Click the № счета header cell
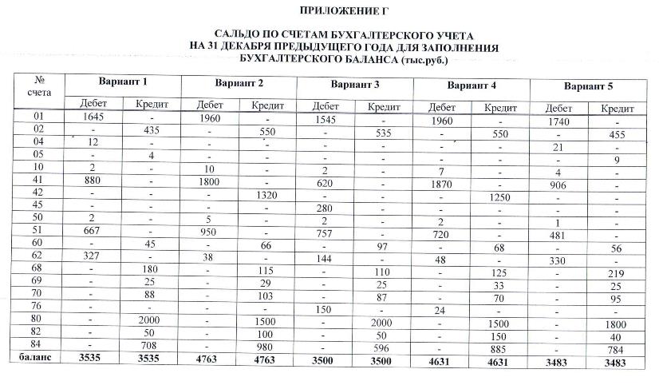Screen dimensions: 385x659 pyautogui.click(x=34, y=86)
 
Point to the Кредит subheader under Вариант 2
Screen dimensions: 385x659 pyautogui.click(x=267, y=106)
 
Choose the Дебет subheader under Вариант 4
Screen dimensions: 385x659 pyautogui.click(x=443, y=107)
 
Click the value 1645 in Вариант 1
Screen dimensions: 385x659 pyautogui.click(x=93, y=117)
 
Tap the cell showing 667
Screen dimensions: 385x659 pyautogui.click(x=93, y=232)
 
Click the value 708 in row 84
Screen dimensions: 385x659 pyautogui.click(x=152, y=344)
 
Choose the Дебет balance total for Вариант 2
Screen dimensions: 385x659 pyautogui.click(x=210, y=358)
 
